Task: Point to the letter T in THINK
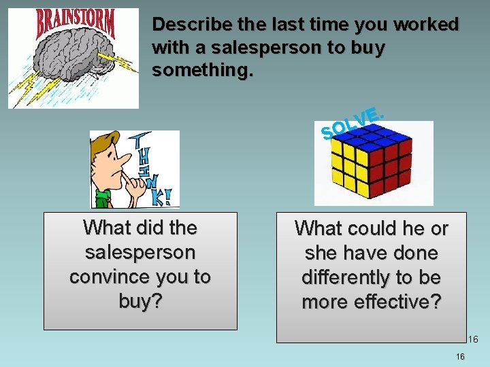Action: coord(142,141)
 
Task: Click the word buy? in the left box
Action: coord(141,302)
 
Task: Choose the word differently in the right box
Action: coord(343,278)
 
